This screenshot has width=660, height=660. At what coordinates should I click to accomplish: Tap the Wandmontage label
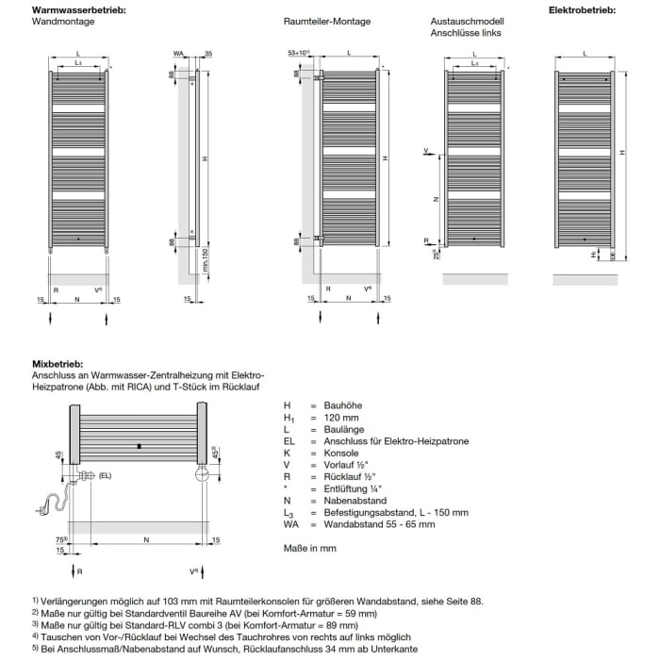58,21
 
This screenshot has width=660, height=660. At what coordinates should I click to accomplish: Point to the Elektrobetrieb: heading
583,9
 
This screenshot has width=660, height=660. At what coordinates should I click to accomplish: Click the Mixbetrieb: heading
57,363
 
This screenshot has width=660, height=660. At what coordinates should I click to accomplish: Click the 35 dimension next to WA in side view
206,54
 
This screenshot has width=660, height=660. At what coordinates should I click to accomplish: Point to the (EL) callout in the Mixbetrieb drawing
105,476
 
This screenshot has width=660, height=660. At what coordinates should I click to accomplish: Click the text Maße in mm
310,548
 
